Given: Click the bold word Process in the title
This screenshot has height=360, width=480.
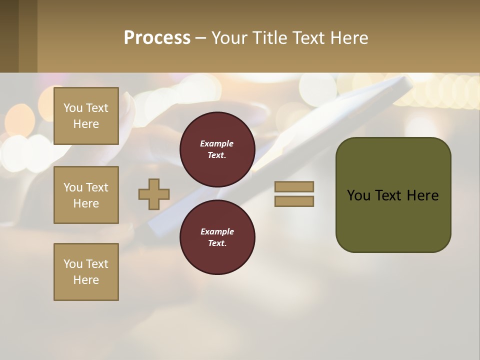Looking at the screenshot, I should (x=157, y=37).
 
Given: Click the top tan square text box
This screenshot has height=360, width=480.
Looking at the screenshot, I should (x=86, y=116).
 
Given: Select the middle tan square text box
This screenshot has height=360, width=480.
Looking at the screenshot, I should (x=86, y=195).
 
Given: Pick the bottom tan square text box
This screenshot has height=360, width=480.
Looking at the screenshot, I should (x=86, y=272).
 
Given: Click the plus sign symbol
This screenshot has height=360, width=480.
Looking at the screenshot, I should (x=154, y=194).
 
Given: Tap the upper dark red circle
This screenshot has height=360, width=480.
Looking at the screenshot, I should (x=217, y=149).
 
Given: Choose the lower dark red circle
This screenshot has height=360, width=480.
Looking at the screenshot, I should (x=217, y=237).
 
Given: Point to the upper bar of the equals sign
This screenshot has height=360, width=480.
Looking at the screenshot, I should (x=294, y=186).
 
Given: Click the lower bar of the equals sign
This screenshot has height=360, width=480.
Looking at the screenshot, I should (x=294, y=201).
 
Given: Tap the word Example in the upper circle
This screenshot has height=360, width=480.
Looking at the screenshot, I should (x=217, y=143).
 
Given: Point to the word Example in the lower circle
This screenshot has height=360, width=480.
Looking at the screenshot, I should (x=217, y=231).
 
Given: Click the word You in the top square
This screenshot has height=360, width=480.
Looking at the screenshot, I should (x=73, y=108).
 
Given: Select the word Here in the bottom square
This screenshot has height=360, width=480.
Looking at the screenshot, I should (x=86, y=280).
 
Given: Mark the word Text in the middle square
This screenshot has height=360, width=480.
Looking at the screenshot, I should (x=97, y=187).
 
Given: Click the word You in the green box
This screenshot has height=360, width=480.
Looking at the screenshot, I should (x=358, y=195).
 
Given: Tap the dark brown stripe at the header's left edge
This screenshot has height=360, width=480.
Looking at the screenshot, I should (x=9, y=36).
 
